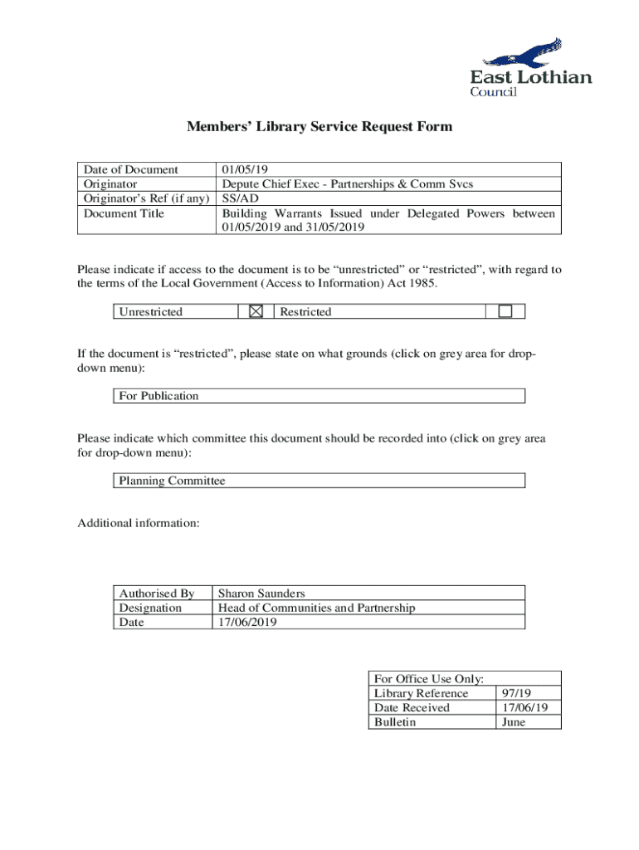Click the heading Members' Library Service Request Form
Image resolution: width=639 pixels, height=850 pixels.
319,127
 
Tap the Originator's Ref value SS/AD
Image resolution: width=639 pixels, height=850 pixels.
237,199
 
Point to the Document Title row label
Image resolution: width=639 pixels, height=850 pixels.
124,214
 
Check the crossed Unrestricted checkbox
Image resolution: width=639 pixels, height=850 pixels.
256,311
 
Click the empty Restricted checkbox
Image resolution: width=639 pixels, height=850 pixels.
505,311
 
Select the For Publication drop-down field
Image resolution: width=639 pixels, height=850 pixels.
319,396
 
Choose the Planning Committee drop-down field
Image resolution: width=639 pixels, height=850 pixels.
319,481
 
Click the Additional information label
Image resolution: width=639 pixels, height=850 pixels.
138,523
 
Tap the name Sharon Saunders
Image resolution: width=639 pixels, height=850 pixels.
261,594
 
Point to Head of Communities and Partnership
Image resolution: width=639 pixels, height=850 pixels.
316,608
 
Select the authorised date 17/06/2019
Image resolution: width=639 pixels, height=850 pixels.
246,622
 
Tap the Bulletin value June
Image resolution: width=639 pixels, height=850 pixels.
515,721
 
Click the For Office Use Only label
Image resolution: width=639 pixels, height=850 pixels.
429,679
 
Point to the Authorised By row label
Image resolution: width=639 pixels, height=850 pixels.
156,594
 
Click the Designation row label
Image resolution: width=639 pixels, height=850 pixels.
150,608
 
